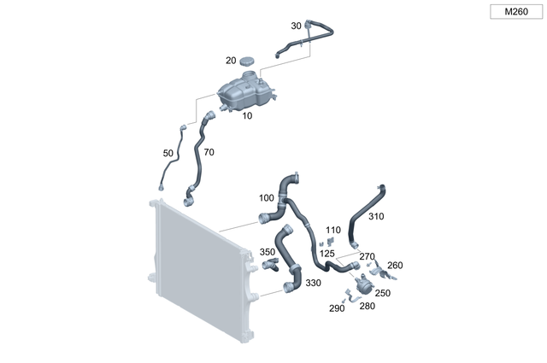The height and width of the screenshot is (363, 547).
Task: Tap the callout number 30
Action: pos(296,26)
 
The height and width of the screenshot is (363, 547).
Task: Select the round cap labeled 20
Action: pos(248,61)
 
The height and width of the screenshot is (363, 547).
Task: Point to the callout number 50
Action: pos(168,154)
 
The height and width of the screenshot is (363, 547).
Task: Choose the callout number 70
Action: pos(209,152)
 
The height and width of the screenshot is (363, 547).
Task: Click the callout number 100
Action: pos(267,198)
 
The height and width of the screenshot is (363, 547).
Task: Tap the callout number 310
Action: pos(376,217)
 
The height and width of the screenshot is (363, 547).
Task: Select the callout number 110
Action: pos(332,230)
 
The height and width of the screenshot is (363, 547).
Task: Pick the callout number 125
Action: pos(327,254)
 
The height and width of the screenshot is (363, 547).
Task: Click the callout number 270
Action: pos(367,256)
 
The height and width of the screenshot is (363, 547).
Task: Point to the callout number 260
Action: pos(395,265)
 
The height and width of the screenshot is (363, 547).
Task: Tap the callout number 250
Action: pos(383,293)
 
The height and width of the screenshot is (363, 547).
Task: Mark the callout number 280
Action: pos(367,305)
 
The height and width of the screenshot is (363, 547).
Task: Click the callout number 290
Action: pos(337,308)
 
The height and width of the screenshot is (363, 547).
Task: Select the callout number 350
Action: pos(268,252)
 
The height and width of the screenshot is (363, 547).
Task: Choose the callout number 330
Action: pos(313,283)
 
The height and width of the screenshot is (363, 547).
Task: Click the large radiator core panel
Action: pos(201,273)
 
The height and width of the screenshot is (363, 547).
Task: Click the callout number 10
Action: pos(247,115)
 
